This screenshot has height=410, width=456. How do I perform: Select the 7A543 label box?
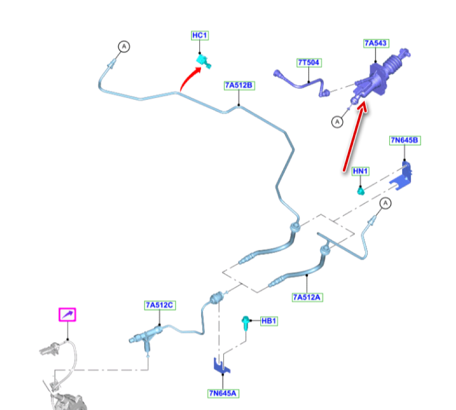(375, 43)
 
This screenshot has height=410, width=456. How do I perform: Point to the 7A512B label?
(238, 85)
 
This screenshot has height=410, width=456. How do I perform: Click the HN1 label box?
(361, 171)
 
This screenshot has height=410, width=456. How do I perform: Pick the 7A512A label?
(307, 298)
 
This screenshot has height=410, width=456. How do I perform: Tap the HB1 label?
(269, 321)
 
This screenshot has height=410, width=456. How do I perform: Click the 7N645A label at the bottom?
(223, 393)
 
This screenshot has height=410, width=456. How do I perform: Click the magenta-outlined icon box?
(67, 315)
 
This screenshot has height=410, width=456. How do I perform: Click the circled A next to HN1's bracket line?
(386, 203)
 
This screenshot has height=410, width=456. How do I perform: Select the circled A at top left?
(124, 46)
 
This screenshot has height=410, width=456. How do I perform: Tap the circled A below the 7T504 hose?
(337, 122)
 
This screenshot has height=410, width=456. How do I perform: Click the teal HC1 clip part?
(202, 62)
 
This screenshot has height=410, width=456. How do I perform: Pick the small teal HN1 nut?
(361, 189)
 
